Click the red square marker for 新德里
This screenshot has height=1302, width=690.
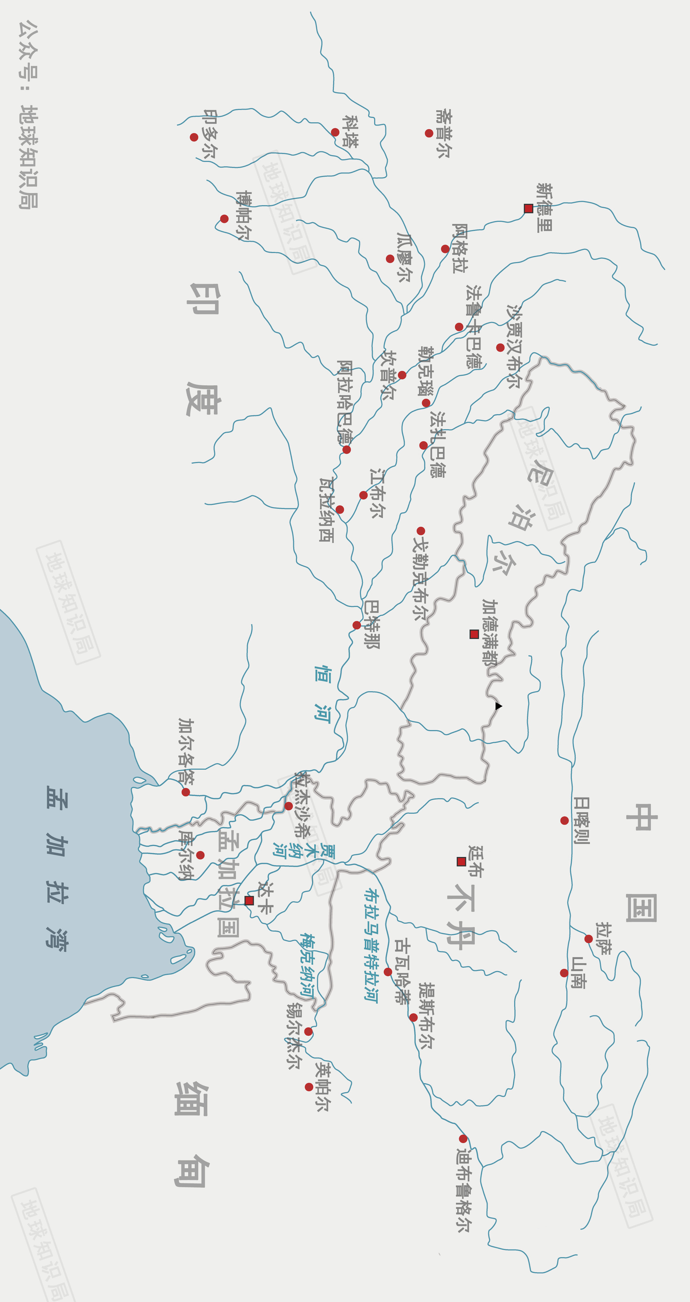(x=528, y=208)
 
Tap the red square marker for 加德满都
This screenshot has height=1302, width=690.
(x=474, y=634)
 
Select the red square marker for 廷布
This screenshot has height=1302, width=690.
(x=461, y=861)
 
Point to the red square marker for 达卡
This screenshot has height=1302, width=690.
(x=249, y=900)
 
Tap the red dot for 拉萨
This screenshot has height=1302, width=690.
(x=588, y=939)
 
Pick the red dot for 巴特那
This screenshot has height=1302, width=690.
(x=356, y=625)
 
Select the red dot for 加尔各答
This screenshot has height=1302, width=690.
(x=185, y=792)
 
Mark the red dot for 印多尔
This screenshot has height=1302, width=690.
(x=194, y=137)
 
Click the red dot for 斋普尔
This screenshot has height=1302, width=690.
(x=429, y=133)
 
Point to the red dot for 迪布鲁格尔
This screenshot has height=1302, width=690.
(x=463, y=1139)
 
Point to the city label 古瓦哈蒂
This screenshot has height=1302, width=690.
(x=402, y=971)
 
